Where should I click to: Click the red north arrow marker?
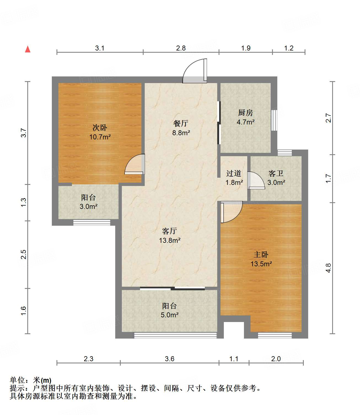point(28,49)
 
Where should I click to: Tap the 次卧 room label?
point(100,127)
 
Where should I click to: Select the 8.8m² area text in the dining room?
point(181,133)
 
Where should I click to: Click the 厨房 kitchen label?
point(245,113)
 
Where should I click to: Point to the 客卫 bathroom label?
point(276,173)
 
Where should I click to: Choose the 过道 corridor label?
point(234,173)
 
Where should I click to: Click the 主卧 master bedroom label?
point(261,254)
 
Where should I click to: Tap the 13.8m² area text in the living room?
point(170,240)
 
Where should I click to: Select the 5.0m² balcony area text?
point(170,315)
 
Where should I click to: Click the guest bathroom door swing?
point(256,180)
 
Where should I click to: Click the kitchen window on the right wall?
point(274,120)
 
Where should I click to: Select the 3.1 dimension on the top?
point(100,48)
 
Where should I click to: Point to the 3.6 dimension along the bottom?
point(170,359)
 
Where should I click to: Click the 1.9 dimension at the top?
point(246,48)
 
